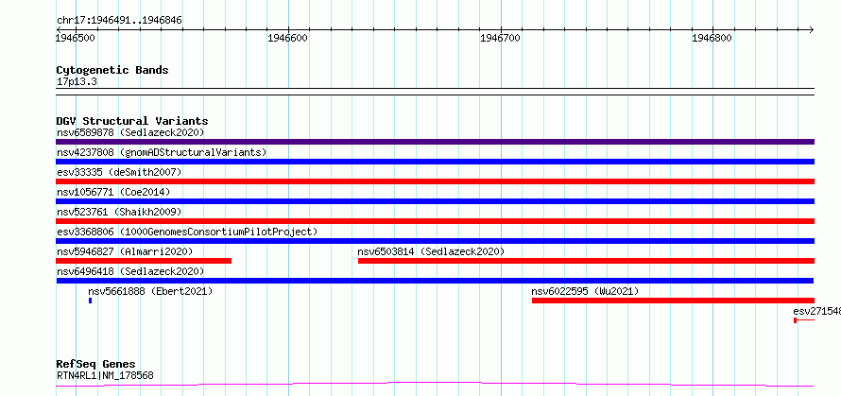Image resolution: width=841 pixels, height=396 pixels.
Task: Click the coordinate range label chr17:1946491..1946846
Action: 119,21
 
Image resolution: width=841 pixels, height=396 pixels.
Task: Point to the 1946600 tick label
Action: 289,38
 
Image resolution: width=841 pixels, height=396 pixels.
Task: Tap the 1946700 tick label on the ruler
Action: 501,38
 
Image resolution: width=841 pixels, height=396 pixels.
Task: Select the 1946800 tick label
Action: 712,38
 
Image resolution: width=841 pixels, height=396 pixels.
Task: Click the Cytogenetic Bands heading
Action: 112,70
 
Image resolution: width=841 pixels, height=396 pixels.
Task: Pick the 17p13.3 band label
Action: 77,82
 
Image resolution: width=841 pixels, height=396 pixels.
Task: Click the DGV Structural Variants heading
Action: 132,121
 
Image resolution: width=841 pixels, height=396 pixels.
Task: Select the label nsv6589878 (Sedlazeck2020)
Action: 130,132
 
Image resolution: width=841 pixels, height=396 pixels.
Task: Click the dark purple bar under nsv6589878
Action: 435,142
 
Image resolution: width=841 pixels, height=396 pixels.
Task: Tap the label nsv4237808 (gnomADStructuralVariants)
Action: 162,152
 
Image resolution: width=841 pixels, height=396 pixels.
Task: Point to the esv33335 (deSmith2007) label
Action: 119,172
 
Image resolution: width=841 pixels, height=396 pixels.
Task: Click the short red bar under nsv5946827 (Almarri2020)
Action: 144,261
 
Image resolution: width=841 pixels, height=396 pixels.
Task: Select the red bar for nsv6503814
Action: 586,261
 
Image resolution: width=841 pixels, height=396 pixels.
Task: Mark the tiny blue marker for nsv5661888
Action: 90,301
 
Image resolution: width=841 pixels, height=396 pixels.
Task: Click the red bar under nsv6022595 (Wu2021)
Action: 673,301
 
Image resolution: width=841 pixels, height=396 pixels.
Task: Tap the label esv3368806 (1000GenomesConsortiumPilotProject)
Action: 187,232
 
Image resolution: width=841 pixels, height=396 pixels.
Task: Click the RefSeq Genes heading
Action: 95,365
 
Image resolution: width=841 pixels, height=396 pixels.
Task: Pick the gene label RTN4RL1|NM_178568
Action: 105,375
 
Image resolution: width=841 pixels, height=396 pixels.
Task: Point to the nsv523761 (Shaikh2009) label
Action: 119,212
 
